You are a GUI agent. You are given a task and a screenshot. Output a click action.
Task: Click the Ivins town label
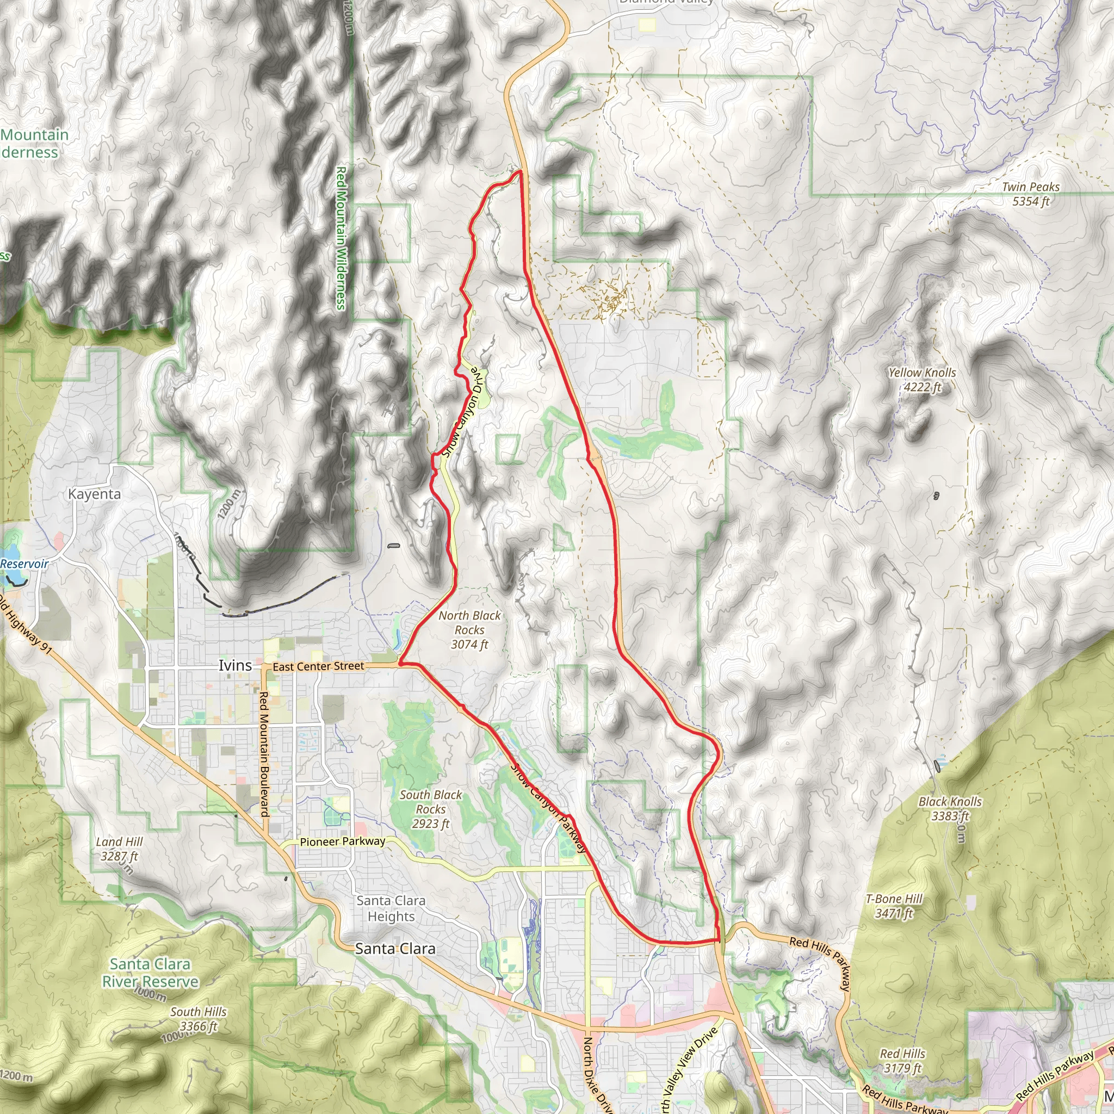pos(234,665)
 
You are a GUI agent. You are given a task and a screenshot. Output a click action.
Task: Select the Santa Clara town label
pos(395,949)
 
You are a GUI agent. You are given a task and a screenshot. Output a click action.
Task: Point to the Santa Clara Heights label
pos(391,908)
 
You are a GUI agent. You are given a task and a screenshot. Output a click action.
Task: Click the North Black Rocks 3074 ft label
pos(469,630)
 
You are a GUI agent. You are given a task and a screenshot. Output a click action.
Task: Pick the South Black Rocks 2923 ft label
pos(431,809)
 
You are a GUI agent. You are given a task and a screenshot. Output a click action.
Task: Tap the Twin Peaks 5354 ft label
pos(1030,194)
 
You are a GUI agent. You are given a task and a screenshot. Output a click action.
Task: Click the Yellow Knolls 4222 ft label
pos(922,380)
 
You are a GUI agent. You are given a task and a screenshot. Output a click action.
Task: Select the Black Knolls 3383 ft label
pos(950,808)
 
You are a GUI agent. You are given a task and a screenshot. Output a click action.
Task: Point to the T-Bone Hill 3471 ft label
pos(894,906)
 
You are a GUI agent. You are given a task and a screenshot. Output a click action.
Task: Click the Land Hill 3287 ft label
pos(119,849)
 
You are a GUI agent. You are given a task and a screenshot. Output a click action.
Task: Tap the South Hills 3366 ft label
pos(199,1019)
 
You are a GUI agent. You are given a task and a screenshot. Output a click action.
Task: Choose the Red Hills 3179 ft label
pos(902,1061)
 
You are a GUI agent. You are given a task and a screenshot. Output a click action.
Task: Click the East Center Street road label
pos(318,666)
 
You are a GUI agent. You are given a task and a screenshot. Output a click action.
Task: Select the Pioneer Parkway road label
pos(343,842)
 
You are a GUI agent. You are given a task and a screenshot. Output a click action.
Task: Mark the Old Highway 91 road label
pos(26,626)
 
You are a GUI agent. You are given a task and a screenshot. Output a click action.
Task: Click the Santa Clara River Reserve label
pos(150,973)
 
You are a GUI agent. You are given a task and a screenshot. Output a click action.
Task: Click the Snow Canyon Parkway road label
pos(548,808)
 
